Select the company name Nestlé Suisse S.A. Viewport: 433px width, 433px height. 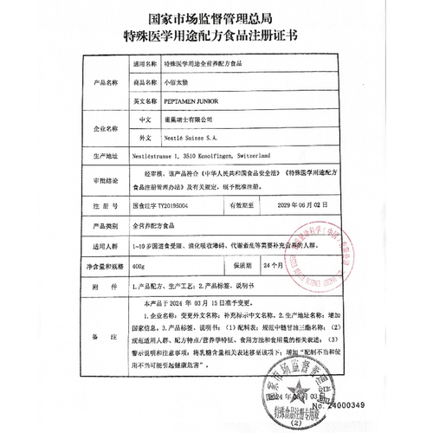[194, 138]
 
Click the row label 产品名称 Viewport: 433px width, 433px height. [104, 82]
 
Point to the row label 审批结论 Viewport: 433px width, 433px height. [104, 181]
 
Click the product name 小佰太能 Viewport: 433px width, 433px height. [176, 82]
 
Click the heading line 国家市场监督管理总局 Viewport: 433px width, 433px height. [216, 16]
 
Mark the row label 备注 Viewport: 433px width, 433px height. [104, 344]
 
